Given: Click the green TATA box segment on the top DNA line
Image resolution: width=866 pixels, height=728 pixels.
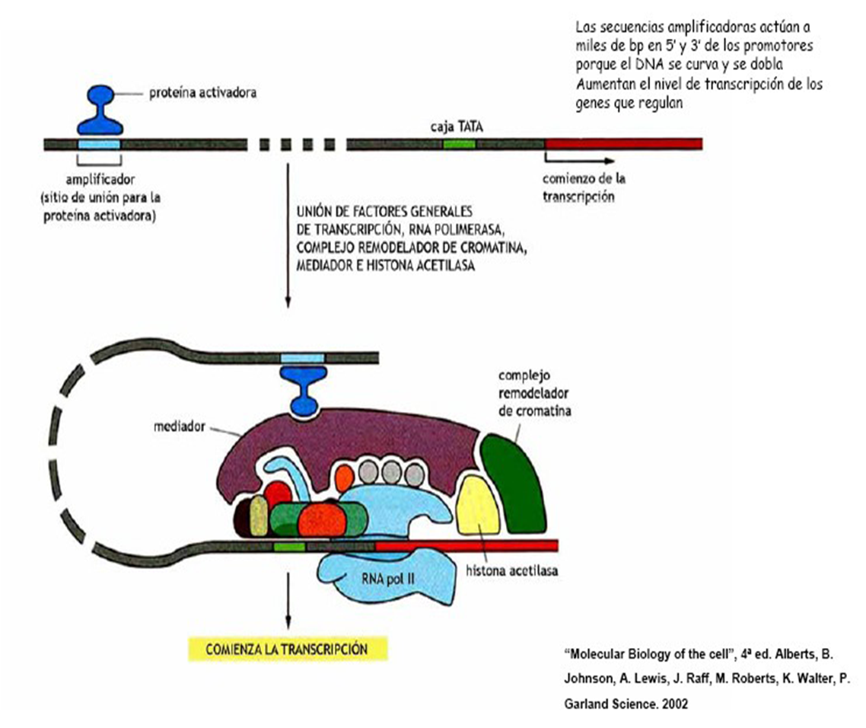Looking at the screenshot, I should click(460, 143).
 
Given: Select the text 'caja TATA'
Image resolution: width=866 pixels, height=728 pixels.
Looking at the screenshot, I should click(454, 127).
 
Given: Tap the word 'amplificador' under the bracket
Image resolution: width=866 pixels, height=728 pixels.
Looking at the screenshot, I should click(99, 182).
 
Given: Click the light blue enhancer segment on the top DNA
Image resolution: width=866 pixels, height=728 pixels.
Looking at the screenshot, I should click(99, 143).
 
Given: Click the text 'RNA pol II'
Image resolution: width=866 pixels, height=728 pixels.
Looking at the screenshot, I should click(389, 577).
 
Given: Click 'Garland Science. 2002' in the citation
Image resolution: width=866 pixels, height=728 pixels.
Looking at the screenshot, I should click(626, 704).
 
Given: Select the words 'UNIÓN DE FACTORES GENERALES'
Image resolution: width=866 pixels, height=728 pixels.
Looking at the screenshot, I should click(387, 210).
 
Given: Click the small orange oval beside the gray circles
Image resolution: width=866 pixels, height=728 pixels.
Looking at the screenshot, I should click(344, 477).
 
